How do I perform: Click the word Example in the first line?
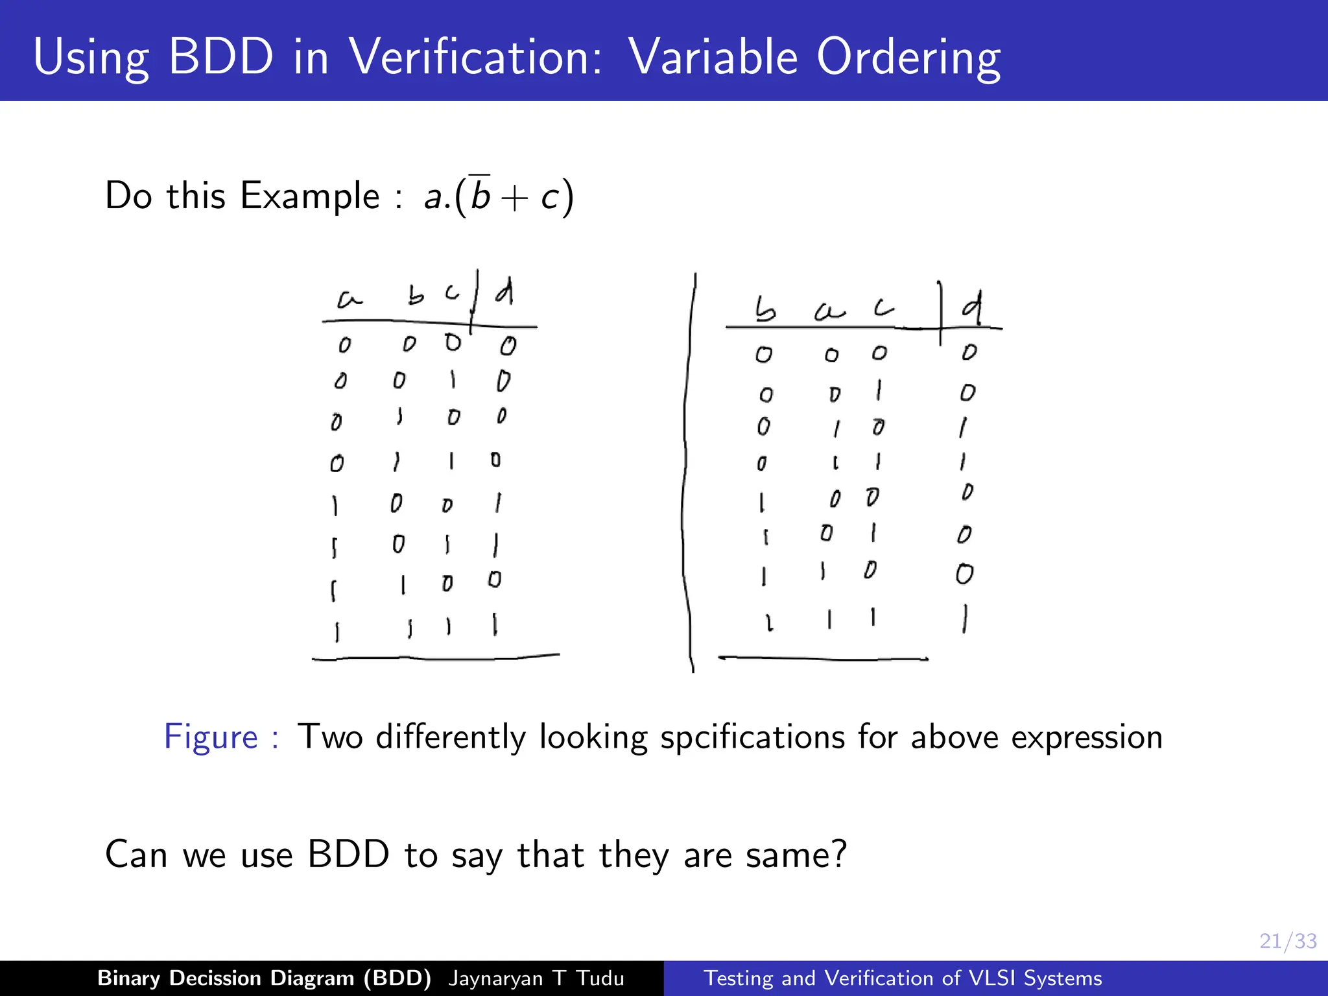pyautogui.click(x=309, y=196)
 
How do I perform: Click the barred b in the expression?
pyautogui.click(x=480, y=194)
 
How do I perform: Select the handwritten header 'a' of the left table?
pyautogui.click(x=349, y=299)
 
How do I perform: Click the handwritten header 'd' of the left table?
pyautogui.click(x=505, y=292)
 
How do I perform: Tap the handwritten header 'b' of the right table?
pyautogui.click(x=765, y=310)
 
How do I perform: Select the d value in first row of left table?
pyautogui.click(x=508, y=346)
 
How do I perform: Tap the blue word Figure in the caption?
pyautogui.click(x=211, y=737)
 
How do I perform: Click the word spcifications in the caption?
pyautogui.click(x=752, y=737)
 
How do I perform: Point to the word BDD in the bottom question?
pyautogui.click(x=348, y=854)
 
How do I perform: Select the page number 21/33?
pyautogui.click(x=1287, y=941)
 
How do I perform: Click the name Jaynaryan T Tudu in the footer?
pyautogui.click(x=536, y=978)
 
